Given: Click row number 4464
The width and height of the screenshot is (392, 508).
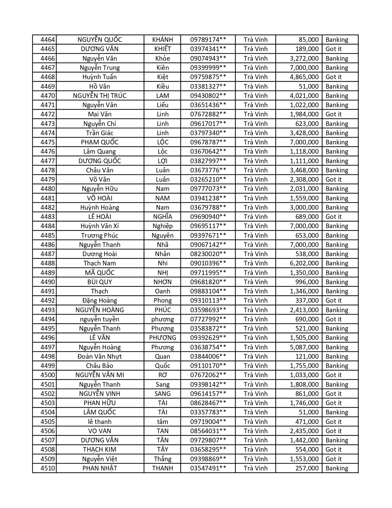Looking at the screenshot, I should pos(47,40).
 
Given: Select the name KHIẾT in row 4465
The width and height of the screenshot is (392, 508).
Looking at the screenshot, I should pos(162,49).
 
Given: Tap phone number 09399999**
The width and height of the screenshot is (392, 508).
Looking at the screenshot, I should pos(208,68).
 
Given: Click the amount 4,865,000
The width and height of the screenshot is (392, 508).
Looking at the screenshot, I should pos(304,77).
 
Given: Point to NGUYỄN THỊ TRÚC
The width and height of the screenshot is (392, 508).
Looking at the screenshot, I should pos(100,96).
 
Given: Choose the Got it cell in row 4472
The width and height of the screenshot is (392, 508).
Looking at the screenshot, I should pos(333,114).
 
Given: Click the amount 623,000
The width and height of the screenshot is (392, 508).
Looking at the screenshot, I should pos(307,124).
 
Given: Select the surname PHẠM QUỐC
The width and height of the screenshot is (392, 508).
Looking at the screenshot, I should pos(100,142).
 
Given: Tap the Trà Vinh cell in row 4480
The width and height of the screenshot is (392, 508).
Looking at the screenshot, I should pos(255,189).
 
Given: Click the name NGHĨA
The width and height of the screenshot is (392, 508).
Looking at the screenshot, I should pos(162,217).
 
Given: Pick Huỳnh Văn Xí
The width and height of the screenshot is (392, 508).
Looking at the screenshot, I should pos(100,226).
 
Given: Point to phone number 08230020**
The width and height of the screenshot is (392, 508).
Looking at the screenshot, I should pos(208,254).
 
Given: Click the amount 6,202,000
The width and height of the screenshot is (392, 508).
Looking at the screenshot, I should pos(304,263).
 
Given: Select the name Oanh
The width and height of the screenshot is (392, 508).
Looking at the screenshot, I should pos(162,291).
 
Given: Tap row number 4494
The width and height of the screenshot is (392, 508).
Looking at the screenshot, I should pos(47,319).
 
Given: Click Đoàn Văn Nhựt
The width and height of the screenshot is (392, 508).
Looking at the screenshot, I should pos(100,357).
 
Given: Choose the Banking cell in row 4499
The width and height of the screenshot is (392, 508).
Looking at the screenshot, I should pos(337,366).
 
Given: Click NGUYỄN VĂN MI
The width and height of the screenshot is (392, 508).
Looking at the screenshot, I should pos(100,375).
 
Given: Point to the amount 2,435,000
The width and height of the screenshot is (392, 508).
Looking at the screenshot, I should pos(304,431).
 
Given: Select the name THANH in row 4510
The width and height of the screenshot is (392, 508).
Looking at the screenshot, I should pos(162,468).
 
